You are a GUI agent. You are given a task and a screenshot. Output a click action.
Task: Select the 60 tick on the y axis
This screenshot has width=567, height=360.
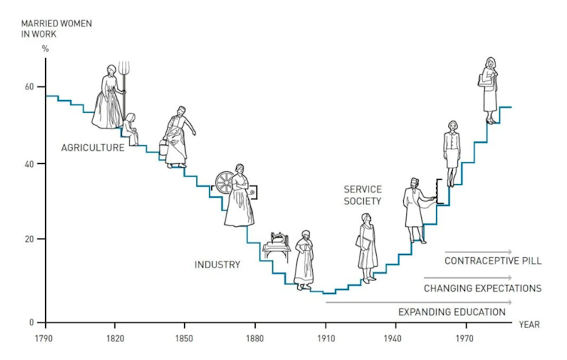click(30, 86)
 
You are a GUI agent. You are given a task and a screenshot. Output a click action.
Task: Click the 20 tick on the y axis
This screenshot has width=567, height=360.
click(30, 240)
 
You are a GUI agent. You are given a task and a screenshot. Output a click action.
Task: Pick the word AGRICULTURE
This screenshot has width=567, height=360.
click(92, 148)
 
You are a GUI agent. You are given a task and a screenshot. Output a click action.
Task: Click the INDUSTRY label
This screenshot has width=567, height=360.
click(217, 265)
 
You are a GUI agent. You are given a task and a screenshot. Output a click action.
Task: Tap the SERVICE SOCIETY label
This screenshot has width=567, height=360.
click(362, 195)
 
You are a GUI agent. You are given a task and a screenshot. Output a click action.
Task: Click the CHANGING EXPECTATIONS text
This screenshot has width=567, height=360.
click(482, 288)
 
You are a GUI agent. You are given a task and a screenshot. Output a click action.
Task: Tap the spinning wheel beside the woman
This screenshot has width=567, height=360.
click(225, 184)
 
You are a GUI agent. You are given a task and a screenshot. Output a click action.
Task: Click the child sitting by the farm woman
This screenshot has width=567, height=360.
click(132, 128)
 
